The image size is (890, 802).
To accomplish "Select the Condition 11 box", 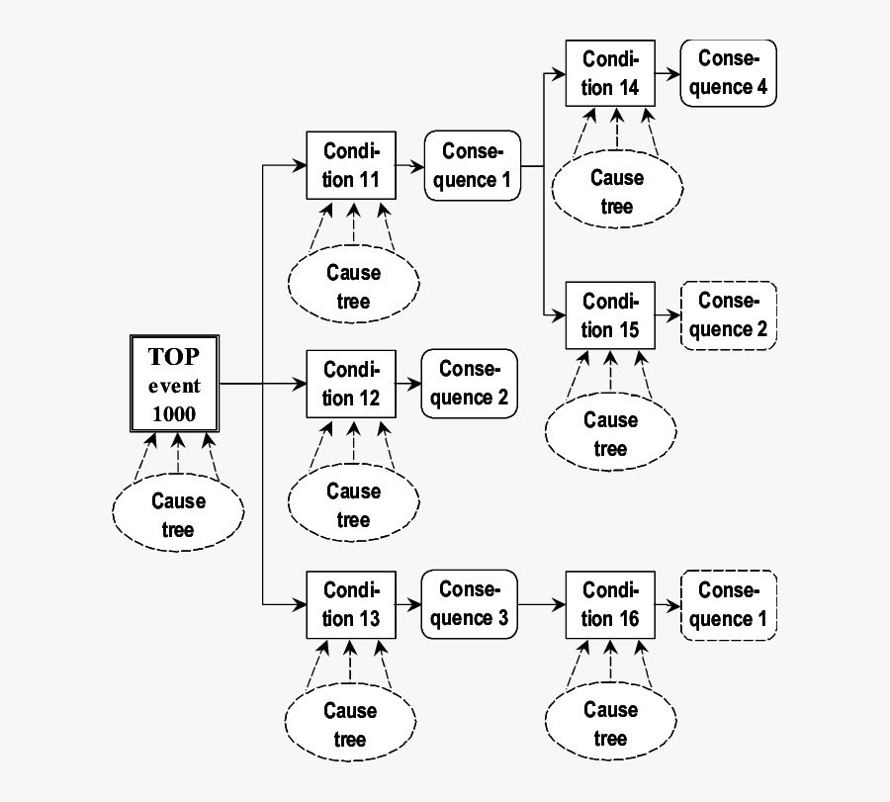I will tap(352, 165).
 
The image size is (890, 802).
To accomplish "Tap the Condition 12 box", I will tap(352, 384).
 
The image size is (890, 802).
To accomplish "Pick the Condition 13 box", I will tap(352, 604).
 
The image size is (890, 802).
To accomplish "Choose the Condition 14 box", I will tap(610, 73).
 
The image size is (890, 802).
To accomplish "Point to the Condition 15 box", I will tap(610, 315).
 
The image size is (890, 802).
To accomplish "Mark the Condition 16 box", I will tap(610, 604).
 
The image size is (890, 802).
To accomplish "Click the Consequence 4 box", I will tap(728, 73).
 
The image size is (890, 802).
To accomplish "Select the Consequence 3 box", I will tap(469, 603).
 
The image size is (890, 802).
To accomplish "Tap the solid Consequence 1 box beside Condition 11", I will tap(472, 165).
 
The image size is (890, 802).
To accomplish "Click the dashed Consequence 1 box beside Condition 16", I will tap(728, 604).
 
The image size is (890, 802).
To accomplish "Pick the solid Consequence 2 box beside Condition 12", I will tap(470, 384).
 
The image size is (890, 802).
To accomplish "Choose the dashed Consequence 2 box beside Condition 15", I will tap(729, 315).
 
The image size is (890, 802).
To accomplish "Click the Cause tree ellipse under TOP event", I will tap(178, 514).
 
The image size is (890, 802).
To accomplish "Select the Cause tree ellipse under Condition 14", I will tap(616, 192).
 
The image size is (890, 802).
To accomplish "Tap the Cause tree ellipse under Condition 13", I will tap(350, 724).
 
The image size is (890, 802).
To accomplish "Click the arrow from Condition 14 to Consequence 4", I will tap(667, 73).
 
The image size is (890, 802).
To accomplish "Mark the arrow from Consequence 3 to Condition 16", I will tap(540, 604).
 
